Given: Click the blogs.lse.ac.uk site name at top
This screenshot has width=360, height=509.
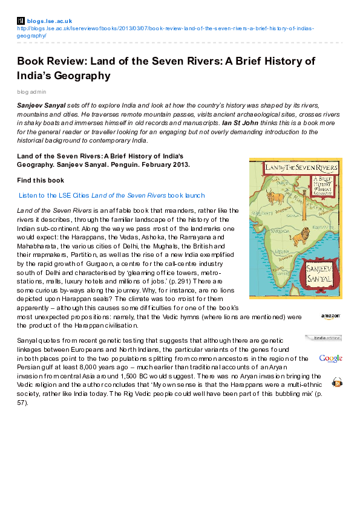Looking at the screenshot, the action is [x=50, y=21].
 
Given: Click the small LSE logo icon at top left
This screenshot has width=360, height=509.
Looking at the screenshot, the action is [x=21, y=21].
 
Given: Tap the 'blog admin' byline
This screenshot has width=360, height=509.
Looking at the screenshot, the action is [x=31, y=92].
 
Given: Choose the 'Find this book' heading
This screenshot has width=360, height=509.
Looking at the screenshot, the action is [x=41, y=180].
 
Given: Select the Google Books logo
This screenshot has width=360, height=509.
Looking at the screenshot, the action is [x=330, y=358].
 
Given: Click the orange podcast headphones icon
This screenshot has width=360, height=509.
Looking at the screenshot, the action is [x=337, y=382].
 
